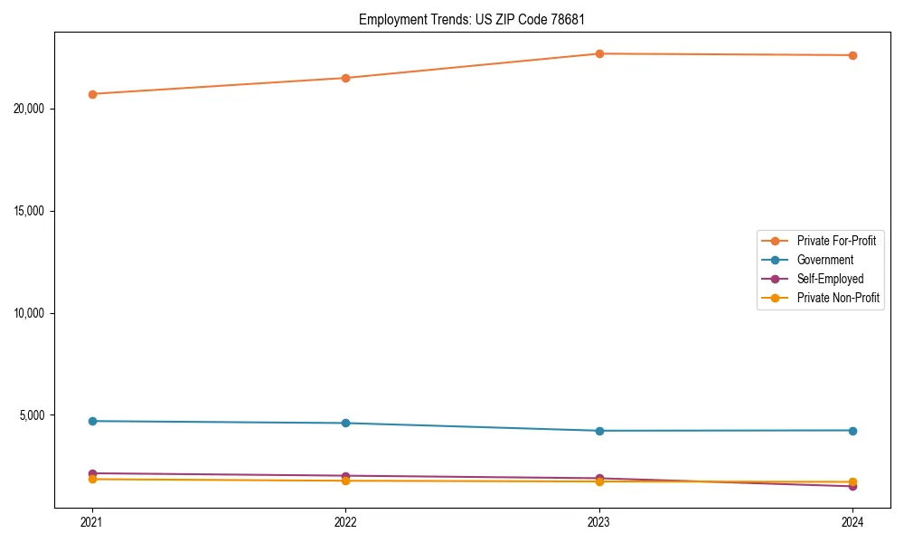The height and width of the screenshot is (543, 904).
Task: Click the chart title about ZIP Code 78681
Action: click(478, 19)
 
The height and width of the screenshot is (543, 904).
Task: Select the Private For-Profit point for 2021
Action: click(92, 94)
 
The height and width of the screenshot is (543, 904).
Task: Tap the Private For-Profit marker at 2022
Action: click(345, 78)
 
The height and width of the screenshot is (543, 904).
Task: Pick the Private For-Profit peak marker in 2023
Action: click(599, 53)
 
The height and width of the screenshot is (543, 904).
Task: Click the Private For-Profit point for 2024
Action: click(852, 55)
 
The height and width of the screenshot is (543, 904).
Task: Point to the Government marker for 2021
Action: click(92, 421)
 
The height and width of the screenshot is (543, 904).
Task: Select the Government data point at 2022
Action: click(345, 423)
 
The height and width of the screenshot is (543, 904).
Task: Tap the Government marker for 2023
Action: click(599, 431)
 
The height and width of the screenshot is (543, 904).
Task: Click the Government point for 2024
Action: click(852, 430)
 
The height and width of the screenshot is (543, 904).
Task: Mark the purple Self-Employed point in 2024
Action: click(852, 487)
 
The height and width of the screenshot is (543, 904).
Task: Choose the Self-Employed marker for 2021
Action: click(92, 473)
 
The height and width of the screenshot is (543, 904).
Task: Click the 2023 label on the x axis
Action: click(599, 522)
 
